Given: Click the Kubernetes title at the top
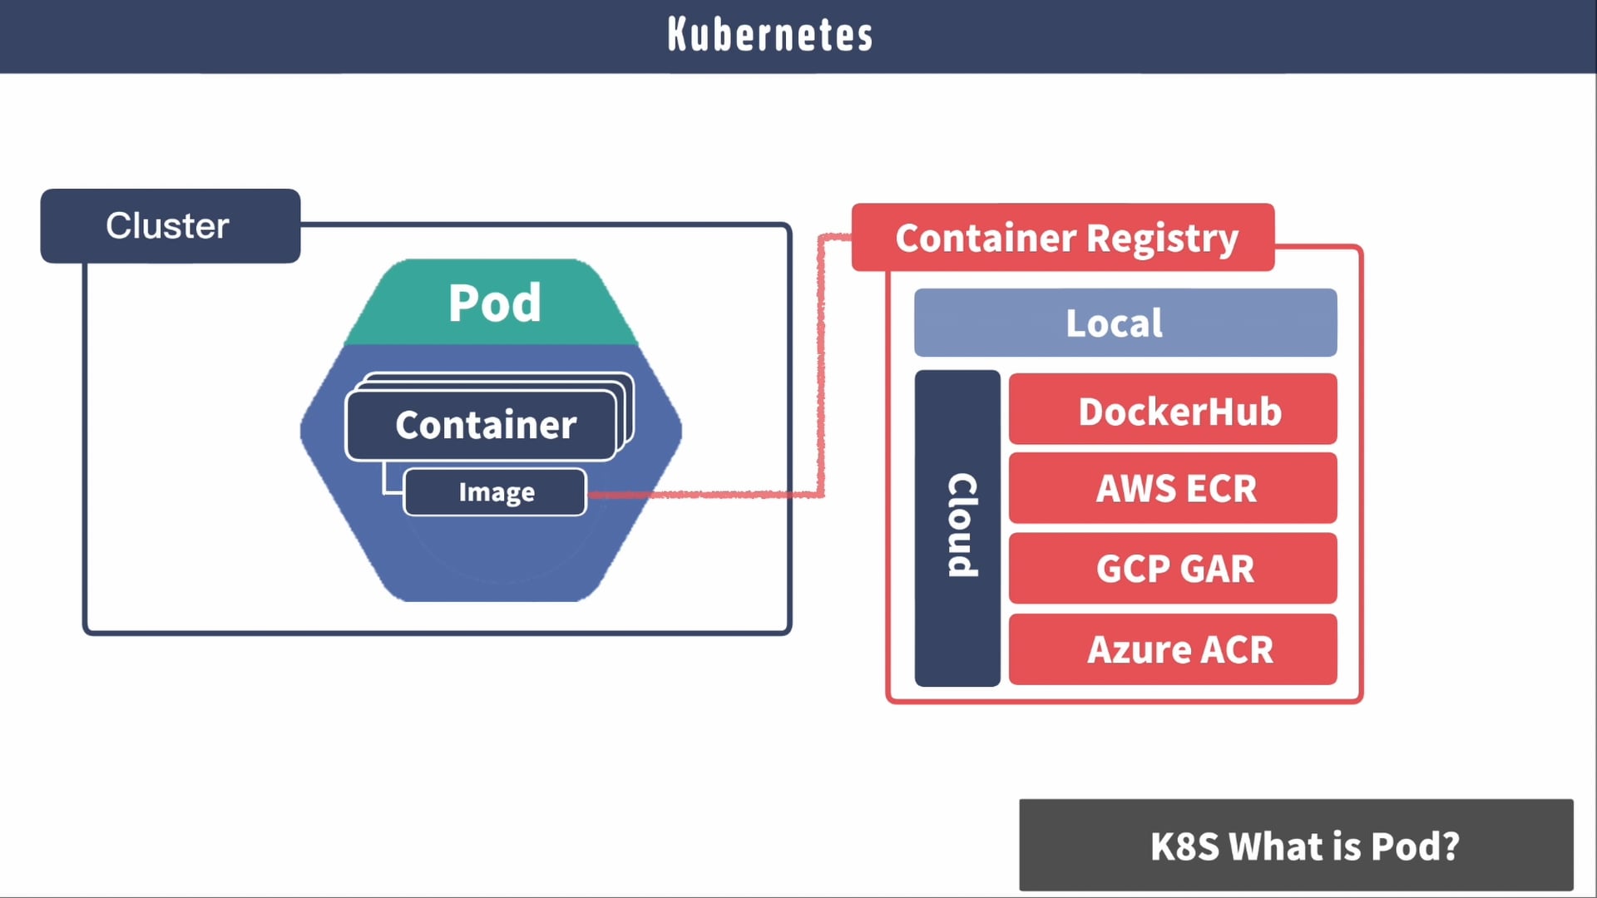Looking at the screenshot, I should [x=770, y=35].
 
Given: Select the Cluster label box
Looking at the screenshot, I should [x=170, y=226].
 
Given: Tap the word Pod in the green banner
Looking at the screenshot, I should [x=494, y=303].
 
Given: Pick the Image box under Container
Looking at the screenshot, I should [x=496, y=492].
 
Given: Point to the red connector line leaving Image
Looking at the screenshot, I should [x=707, y=495].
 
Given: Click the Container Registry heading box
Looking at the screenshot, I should [x=1063, y=238].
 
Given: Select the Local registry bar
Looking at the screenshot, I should [x=1125, y=323].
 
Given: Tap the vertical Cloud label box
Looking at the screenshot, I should [x=957, y=527].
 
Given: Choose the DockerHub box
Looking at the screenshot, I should [x=1173, y=410].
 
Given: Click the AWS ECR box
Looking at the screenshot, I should [x=1173, y=488].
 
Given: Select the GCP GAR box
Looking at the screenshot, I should [x=1173, y=569].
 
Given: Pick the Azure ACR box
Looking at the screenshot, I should [x=1173, y=649].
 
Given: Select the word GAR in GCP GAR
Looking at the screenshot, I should [x=1217, y=570].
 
